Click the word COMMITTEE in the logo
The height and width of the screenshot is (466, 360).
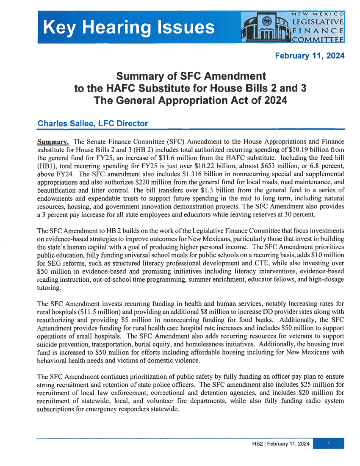pos(318,39)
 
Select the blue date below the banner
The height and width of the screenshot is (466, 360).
pos(310,56)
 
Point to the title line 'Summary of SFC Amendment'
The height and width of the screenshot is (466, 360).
pos(191,77)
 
